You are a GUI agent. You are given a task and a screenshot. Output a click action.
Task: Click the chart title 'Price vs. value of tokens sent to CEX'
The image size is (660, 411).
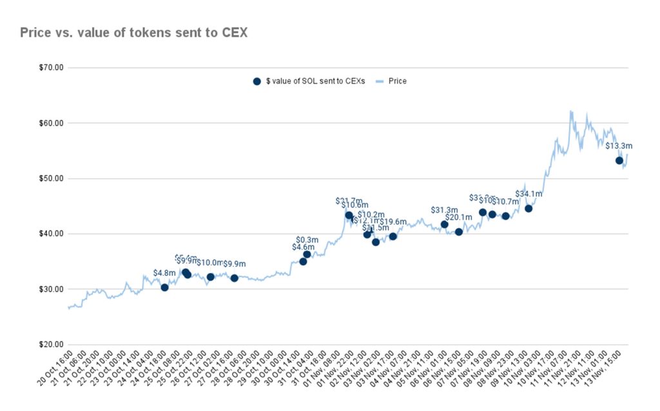coord(133,33)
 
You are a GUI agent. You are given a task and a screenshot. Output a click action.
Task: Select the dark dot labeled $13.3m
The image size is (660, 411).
coord(619,160)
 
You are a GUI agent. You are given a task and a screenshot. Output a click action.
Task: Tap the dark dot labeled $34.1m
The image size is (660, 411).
coord(529,208)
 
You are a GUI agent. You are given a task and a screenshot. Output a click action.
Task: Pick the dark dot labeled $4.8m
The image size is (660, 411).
coord(164,287)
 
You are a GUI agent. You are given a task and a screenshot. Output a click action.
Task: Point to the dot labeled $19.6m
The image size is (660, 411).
coord(393,236)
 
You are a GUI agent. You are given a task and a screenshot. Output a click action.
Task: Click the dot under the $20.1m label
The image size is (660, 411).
coord(459,232)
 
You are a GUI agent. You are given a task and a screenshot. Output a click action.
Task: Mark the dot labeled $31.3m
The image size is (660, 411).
coord(444,224)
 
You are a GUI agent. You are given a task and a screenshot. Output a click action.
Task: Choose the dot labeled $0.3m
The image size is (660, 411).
coord(307,254)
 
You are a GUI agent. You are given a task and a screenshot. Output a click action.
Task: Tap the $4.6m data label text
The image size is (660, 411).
coord(303,247)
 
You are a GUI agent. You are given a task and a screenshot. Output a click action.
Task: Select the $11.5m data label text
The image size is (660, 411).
coord(375,228)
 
